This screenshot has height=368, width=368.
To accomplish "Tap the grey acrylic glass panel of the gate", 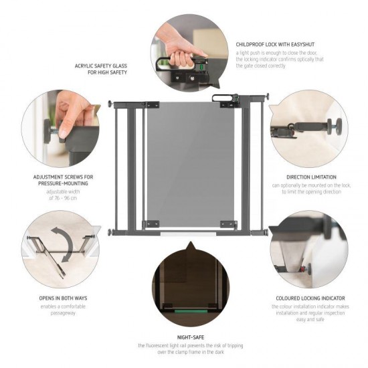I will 190,164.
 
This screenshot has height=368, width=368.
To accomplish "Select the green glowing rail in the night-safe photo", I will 190,310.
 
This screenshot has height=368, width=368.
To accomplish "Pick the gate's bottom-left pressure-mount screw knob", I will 110,232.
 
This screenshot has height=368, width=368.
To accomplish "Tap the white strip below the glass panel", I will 190,234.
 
